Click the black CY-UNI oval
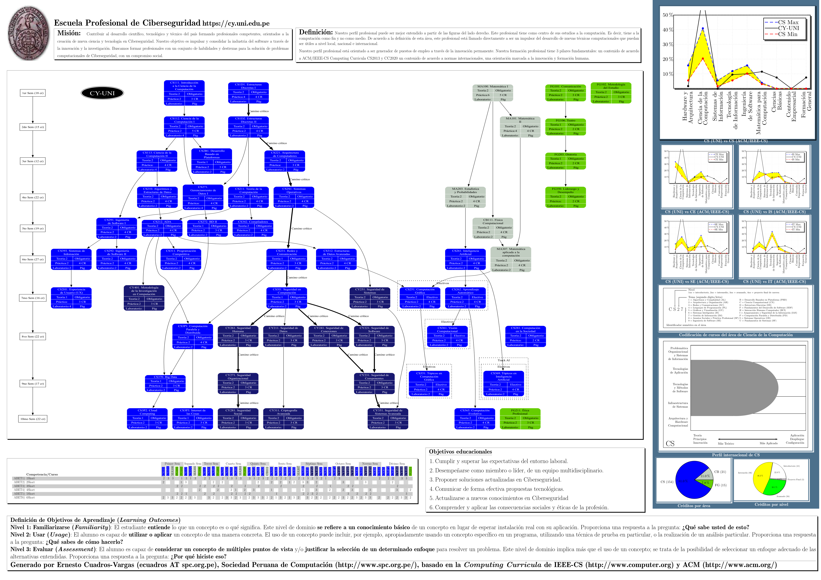(102, 93)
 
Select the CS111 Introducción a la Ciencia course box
(184, 93)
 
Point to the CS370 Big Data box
(165, 383)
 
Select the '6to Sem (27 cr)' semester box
(33, 259)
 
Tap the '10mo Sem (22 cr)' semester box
(33, 419)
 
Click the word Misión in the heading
(69, 33)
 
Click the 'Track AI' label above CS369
(503, 360)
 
